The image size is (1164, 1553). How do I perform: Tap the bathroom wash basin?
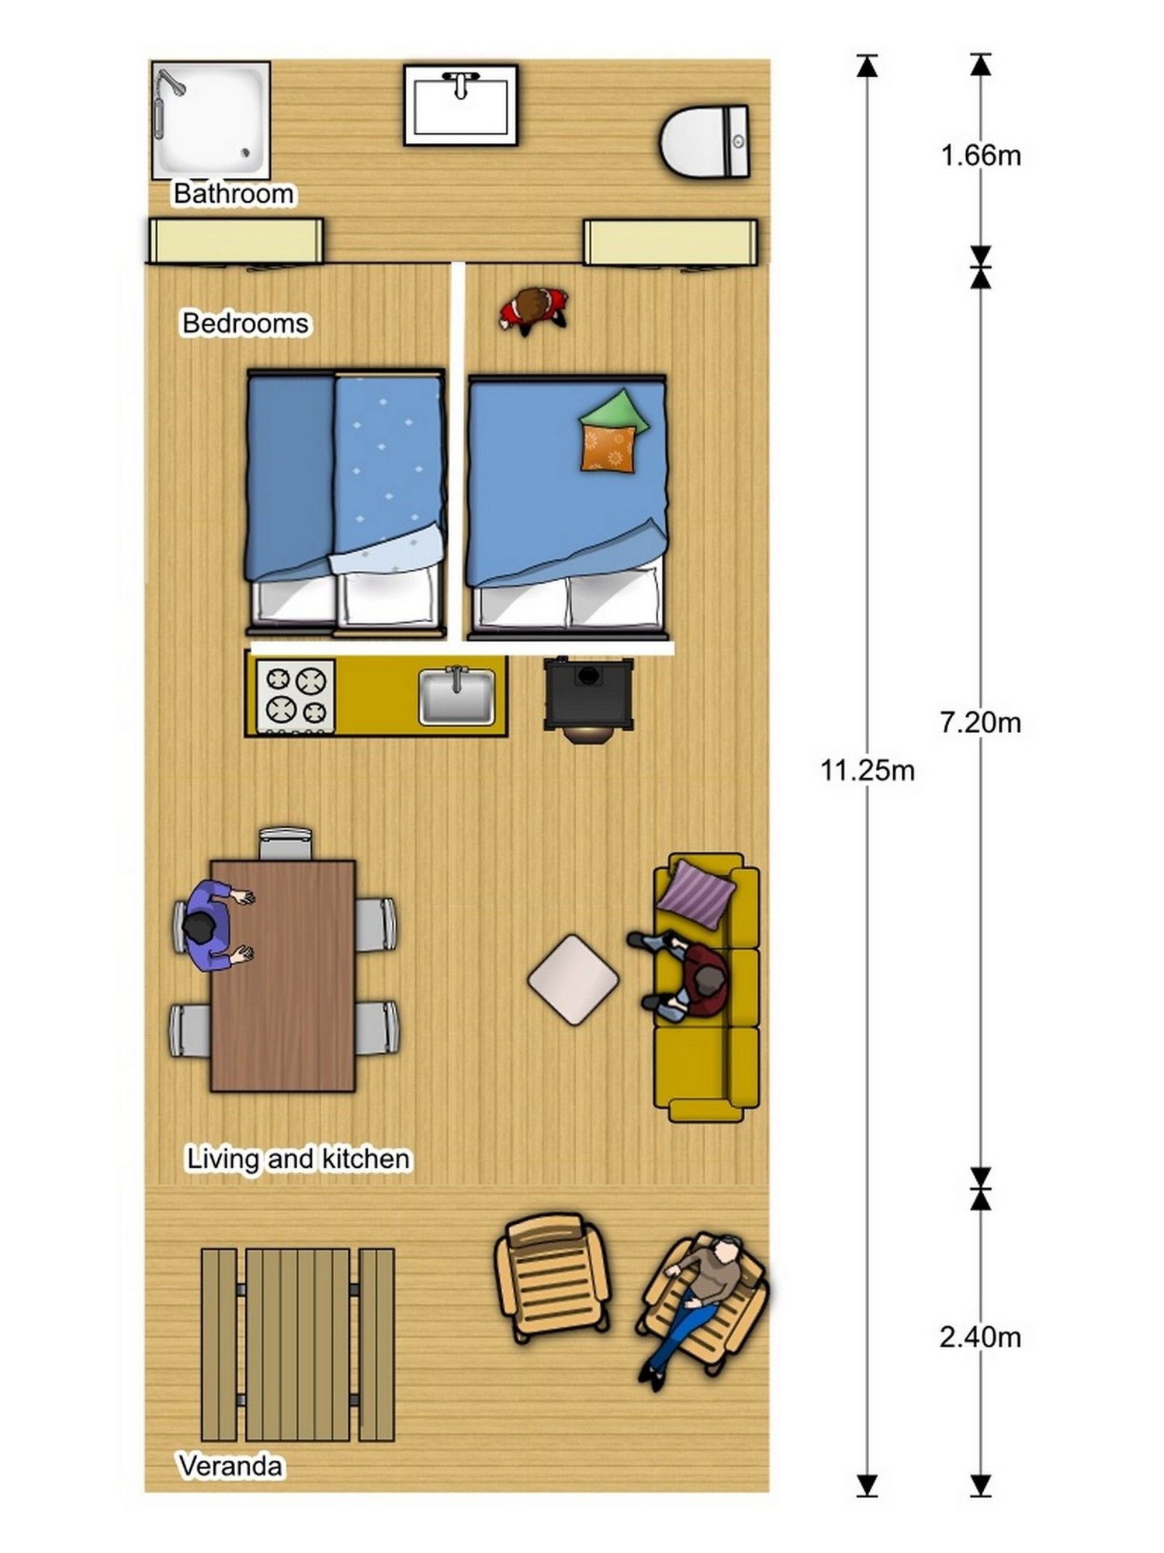point(460,105)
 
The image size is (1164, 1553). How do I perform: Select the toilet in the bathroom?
point(705,142)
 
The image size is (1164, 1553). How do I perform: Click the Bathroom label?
point(234,193)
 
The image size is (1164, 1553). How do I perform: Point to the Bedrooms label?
point(245,322)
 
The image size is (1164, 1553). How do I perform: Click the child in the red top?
point(533,310)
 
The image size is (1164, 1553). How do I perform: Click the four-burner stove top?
point(296,696)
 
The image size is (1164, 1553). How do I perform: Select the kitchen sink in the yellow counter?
point(456,696)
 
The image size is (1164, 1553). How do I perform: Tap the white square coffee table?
point(573,979)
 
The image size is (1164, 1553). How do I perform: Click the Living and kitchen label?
point(298,1159)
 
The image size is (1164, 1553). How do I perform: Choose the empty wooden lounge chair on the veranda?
point(552,1277)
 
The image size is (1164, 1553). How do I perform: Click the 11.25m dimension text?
point(868,770)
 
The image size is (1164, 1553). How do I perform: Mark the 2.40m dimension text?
point(980,1337)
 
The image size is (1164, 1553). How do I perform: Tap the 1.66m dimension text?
point(981,155)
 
